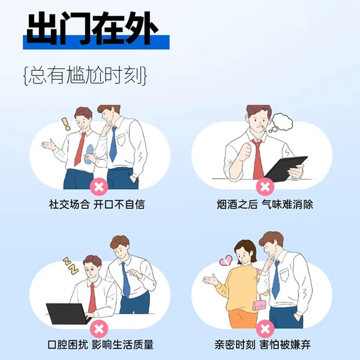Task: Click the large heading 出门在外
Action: [92, 28]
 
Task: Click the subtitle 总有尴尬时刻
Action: [85, 76]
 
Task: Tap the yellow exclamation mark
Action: [66, 124]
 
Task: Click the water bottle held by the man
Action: [89, 154]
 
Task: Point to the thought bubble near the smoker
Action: [281, 122]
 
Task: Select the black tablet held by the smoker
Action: [286, 169]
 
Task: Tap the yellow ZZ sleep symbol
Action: [71, 266]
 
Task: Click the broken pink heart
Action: [226, 261]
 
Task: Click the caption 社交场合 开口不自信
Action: [97, 204]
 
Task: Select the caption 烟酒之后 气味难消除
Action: [265, 204]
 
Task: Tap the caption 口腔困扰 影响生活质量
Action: [101, 344]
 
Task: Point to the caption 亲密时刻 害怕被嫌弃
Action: [263, 344]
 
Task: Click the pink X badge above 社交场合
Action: [99, 187]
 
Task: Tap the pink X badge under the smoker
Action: [265, 187]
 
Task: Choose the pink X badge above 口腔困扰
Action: [99, 329]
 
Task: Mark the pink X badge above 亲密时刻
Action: [265, 329]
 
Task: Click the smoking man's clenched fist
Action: [245, 151]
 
